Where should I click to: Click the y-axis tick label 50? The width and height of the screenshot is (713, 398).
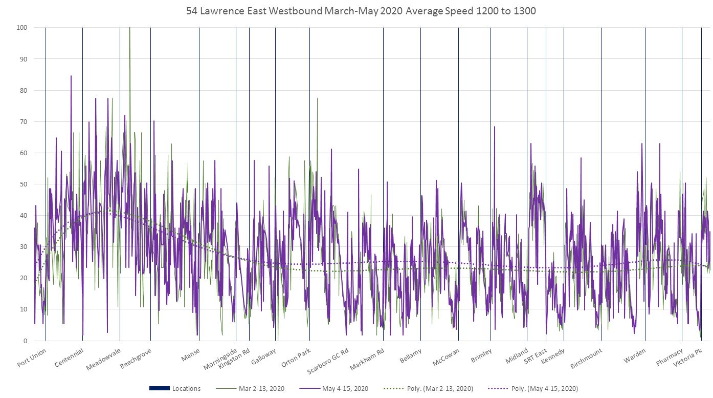pyautogui.click(x=23, y=184)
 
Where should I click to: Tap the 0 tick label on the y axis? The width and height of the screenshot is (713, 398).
pyautogui.click(x=25, y=341)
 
